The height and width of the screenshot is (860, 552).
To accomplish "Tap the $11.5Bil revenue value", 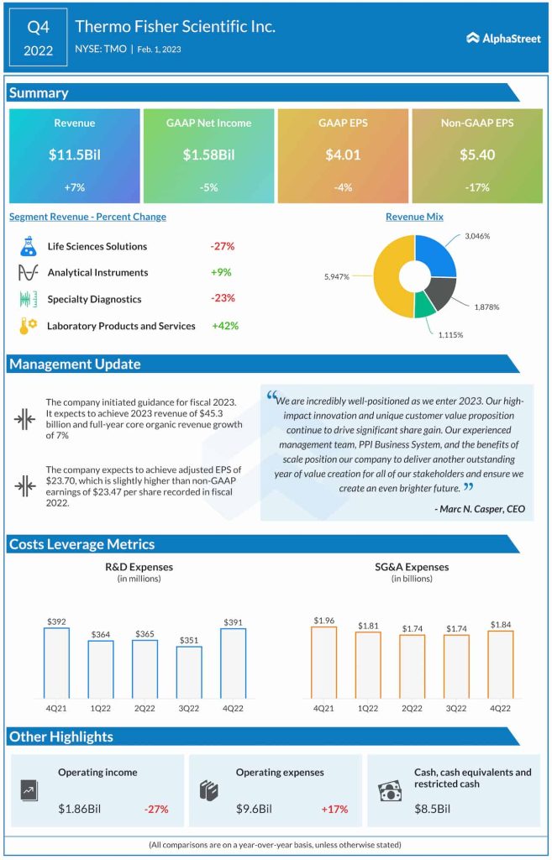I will tap(74, 155).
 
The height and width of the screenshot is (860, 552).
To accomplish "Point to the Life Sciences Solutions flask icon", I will tap(28, 247).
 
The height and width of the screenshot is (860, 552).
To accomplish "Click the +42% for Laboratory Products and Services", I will tap(226, 326).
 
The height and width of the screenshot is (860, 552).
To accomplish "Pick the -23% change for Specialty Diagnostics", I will tap(223, 298).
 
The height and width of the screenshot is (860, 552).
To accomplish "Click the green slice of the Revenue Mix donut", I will tap(424, 302).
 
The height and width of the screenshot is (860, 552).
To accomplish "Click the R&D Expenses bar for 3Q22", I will tap(189, 672).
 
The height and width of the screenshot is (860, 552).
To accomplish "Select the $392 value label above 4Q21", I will tap(56, 622).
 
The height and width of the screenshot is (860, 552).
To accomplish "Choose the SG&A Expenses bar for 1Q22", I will tap(367, 664).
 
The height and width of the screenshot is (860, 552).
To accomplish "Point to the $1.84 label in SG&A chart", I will tap(500, 624).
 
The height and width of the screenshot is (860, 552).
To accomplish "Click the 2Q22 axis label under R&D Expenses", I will tap(145, 707).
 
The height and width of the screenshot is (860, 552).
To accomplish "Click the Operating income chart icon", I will tap(29, 790).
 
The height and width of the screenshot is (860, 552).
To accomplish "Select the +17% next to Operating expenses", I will tap(334, 809).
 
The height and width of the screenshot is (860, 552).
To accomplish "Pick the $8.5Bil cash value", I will tap(432, 809).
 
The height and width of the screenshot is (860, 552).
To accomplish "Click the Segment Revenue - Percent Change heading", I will tap(87, 217).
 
